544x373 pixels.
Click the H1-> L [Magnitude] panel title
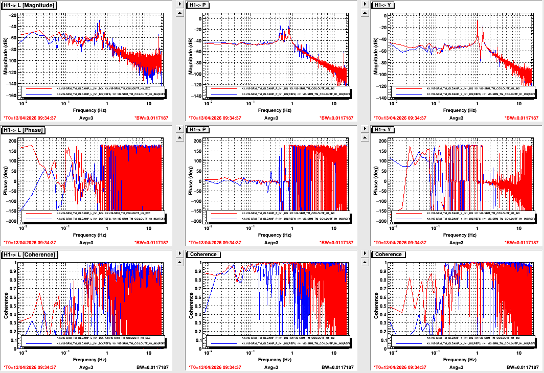29,5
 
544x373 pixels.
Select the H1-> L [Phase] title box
24,130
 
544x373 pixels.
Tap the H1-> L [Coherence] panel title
29,254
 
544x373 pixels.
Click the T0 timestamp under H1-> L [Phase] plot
30,242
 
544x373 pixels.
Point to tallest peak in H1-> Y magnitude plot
478,21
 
